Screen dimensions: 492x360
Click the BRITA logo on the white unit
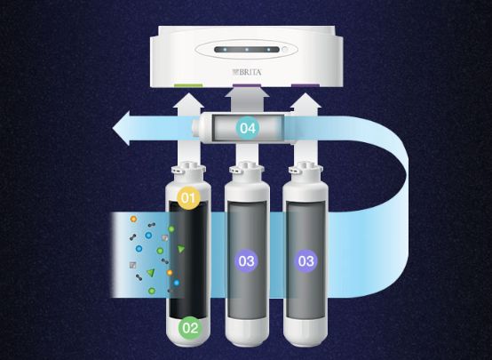247,72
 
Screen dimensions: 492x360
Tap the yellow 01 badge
188,198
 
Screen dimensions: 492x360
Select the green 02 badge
190,328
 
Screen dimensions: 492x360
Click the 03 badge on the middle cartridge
246,260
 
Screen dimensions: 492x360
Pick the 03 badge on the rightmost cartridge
306,260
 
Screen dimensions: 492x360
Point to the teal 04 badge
248,128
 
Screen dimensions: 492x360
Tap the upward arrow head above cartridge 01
188,100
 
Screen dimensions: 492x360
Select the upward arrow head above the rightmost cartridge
306,100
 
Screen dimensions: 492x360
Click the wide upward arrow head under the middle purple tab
247,92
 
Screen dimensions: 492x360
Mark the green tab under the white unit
188,85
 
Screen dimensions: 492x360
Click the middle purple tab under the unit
247,85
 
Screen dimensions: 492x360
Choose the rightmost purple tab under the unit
306,85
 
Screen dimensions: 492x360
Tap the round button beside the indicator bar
285,50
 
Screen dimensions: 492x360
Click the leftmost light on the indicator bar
225,50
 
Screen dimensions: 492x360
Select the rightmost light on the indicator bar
268,50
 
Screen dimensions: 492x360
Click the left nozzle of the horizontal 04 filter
195,128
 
